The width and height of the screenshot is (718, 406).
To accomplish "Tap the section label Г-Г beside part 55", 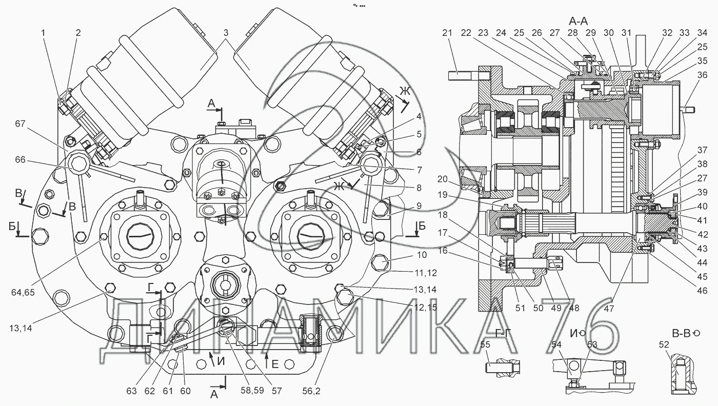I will pos(505,333).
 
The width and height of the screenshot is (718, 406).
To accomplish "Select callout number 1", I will pos(44,33).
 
